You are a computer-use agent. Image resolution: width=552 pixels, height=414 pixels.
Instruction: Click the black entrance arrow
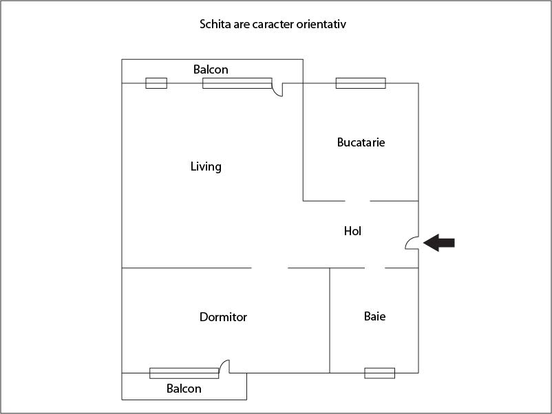click(x=439, y=243)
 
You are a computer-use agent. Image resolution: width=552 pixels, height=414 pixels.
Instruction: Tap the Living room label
click(x=206, y=166)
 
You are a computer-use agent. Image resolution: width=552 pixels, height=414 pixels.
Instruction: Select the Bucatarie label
click(x=361, y=142)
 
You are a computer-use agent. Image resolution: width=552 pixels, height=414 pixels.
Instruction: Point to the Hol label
click(x=352, y=231)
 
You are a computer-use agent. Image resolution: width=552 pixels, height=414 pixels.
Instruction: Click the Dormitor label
click(x=223, y=317)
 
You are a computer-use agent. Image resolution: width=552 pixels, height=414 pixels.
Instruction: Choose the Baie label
click(x=374, y=316)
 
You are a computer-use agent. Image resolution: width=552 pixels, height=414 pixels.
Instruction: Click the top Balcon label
click(x=211, y=69)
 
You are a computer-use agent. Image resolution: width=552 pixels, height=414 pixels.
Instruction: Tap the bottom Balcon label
click(x=184, y=389)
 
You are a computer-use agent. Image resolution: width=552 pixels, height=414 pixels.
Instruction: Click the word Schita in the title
click(x=215, y=25)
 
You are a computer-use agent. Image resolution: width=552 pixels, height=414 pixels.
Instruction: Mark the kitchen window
click(x=361, y=83)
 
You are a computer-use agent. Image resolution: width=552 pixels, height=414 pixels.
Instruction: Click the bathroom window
click(x=379, y=373)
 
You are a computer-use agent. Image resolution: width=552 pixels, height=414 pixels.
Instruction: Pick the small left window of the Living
click(x=156, y=83)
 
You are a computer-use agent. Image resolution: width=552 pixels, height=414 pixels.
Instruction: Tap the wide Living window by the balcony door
click(x=237, y=83)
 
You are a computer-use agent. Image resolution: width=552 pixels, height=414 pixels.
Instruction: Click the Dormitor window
click(x=184, y=373)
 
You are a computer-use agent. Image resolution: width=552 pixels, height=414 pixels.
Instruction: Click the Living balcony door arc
click(x=277, y=90)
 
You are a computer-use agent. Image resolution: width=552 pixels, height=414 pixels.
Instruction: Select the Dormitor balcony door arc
click(x=224, y=366)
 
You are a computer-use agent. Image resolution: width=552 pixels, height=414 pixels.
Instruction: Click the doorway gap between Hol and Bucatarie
click(x=357, y=201)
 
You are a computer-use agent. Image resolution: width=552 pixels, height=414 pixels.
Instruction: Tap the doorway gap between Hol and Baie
click(x=374, y=268)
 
